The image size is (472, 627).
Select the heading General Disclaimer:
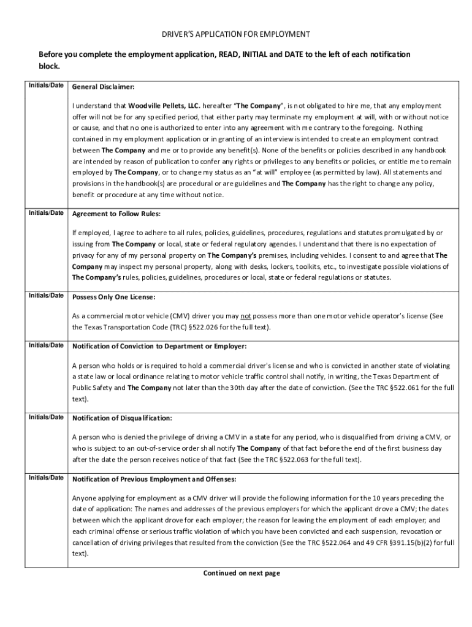coord(103,87)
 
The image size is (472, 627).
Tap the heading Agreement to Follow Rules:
coord(116,214)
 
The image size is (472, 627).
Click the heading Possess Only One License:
coord(113,297)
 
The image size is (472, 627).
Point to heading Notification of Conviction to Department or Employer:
coord(159,347)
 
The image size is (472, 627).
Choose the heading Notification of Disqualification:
coord(122,418)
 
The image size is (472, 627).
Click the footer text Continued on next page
coord(242,573)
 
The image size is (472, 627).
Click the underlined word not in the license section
coord(246,316)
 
